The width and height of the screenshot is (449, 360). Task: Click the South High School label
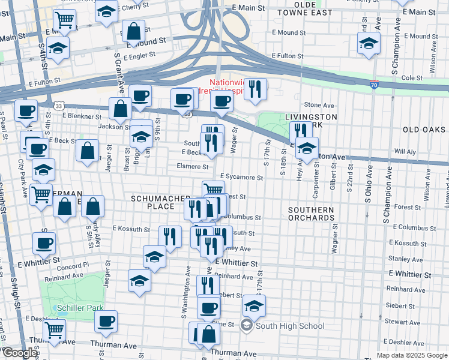point(290,326)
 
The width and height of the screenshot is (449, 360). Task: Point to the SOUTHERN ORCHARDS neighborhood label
point(310,214)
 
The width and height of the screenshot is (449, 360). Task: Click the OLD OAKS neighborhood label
point(424,130)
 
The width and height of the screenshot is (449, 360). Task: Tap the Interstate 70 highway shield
point(374,86)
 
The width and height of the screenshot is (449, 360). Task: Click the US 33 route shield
point(59,105)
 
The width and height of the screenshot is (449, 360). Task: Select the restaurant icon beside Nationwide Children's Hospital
point(255,89)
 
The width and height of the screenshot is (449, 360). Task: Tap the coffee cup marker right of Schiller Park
point(106,321)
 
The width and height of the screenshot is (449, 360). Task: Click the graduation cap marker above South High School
point(254,305)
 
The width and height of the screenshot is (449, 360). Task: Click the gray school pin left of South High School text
point(246,326)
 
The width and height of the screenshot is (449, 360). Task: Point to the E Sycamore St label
point(241,178)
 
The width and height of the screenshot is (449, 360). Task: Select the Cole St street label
point(412,78)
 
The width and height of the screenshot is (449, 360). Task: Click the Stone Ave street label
point(319,105)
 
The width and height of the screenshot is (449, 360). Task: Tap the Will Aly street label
point(405,152)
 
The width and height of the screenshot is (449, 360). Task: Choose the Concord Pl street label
point(73,265)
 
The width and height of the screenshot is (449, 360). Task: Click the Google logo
point(20,353)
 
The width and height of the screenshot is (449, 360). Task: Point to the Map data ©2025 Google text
point(412,355)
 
